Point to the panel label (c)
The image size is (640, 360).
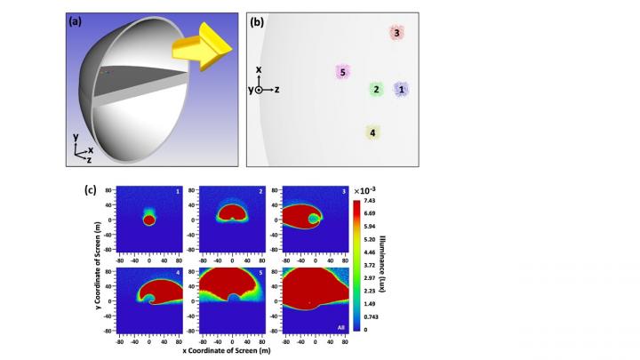91,189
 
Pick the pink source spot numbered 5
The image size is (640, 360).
341,72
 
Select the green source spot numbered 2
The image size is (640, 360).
376,89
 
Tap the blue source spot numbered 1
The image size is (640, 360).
401,89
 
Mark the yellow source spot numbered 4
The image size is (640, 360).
373,132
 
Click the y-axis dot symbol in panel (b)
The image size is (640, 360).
259,90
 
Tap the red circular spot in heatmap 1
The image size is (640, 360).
148,220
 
